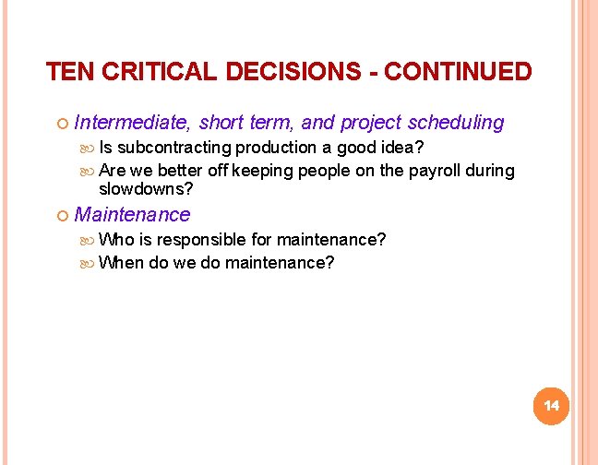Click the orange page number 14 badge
tap(552, 406)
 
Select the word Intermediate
tap(133, 122)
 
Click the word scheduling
tap(458, 122)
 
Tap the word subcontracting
tap(174, 148)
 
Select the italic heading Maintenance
tap(132, 215)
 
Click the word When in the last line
tap(120, 262)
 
